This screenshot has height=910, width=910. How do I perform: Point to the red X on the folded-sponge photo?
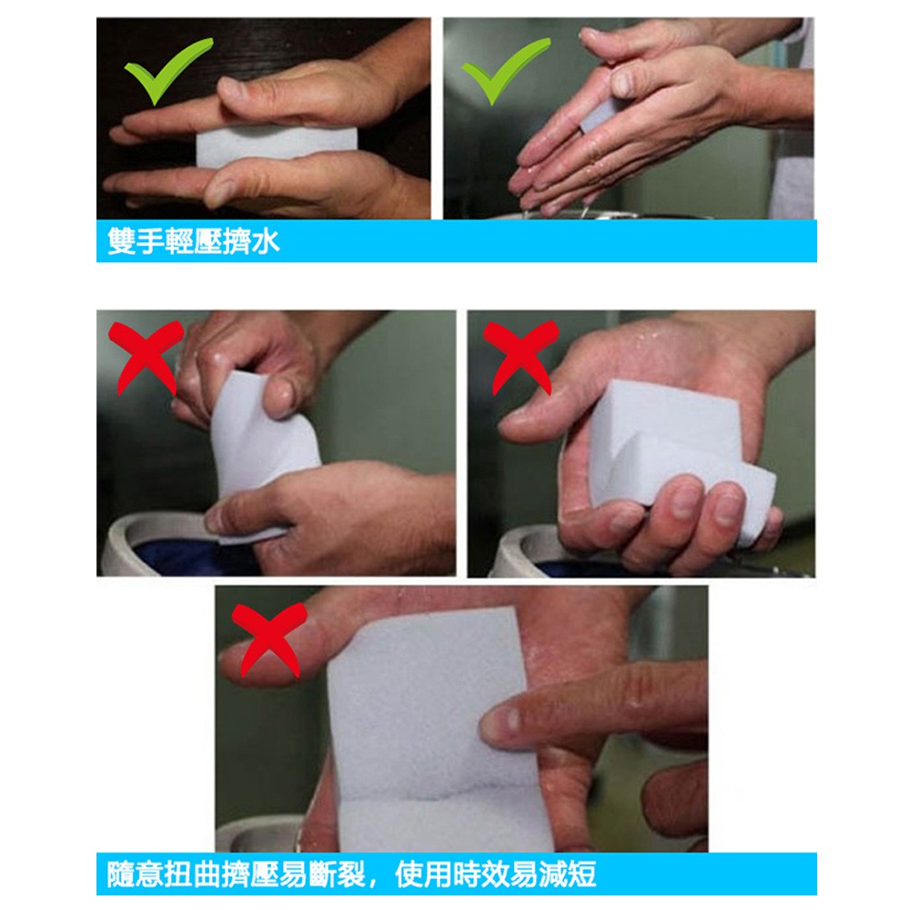click(x=521, y=356)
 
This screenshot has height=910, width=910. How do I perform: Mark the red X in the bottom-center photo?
click(x=268, y=639)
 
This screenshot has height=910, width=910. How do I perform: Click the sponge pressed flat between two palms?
click(x=277, y=147)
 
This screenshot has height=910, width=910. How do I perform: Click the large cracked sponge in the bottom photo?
click(x=435, y=732)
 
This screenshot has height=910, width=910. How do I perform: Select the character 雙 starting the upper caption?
click(x=122, y=241)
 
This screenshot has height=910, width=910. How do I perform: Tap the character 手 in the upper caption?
click(x=150, y=241)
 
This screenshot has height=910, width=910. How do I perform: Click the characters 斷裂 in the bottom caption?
click(x=337, y=875)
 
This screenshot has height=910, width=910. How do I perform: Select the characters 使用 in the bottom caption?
click(x=423, y=875)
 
